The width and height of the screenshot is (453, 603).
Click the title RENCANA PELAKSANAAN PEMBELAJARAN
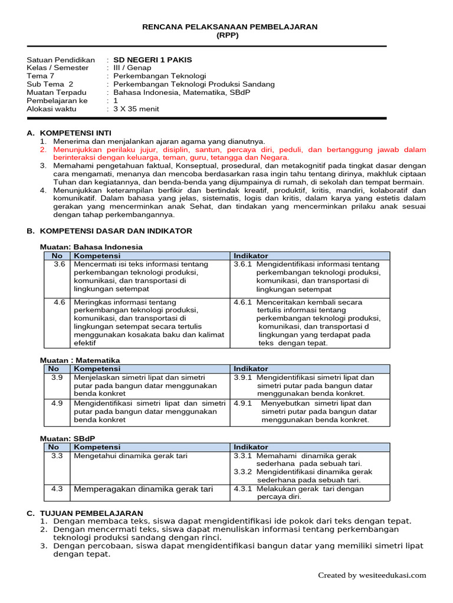[231, 27]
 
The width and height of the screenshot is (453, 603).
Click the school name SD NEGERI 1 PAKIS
[152, 59]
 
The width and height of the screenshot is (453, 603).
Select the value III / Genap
[132, 68]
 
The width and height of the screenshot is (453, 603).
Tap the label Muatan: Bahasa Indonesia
[91, 247]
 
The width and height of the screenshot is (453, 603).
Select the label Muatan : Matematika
[80, 360]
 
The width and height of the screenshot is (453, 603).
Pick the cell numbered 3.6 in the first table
[58, 264]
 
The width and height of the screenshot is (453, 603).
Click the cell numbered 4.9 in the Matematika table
[57, 403]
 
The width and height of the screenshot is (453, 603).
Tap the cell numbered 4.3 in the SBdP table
[57, 489]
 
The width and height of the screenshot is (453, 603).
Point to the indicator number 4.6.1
[242, 302]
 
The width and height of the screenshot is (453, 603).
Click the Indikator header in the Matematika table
[251, 369]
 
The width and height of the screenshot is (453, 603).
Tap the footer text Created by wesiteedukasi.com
[372, 575]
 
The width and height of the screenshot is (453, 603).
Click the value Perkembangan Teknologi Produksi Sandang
[194, 84]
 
